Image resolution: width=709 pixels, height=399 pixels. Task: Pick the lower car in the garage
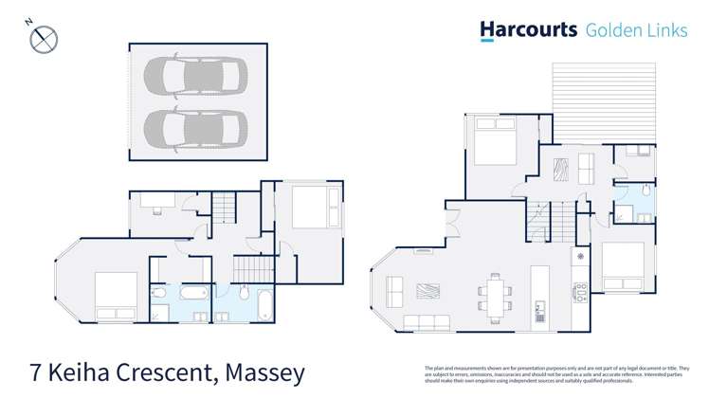coord(194,126)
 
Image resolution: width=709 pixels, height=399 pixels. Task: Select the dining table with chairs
coord(494,293)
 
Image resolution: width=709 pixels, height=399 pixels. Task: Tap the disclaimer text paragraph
coord(556,373)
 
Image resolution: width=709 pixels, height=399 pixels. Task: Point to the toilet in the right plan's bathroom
coord(645,191)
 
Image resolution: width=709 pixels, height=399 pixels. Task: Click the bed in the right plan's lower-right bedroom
coord(623,266)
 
